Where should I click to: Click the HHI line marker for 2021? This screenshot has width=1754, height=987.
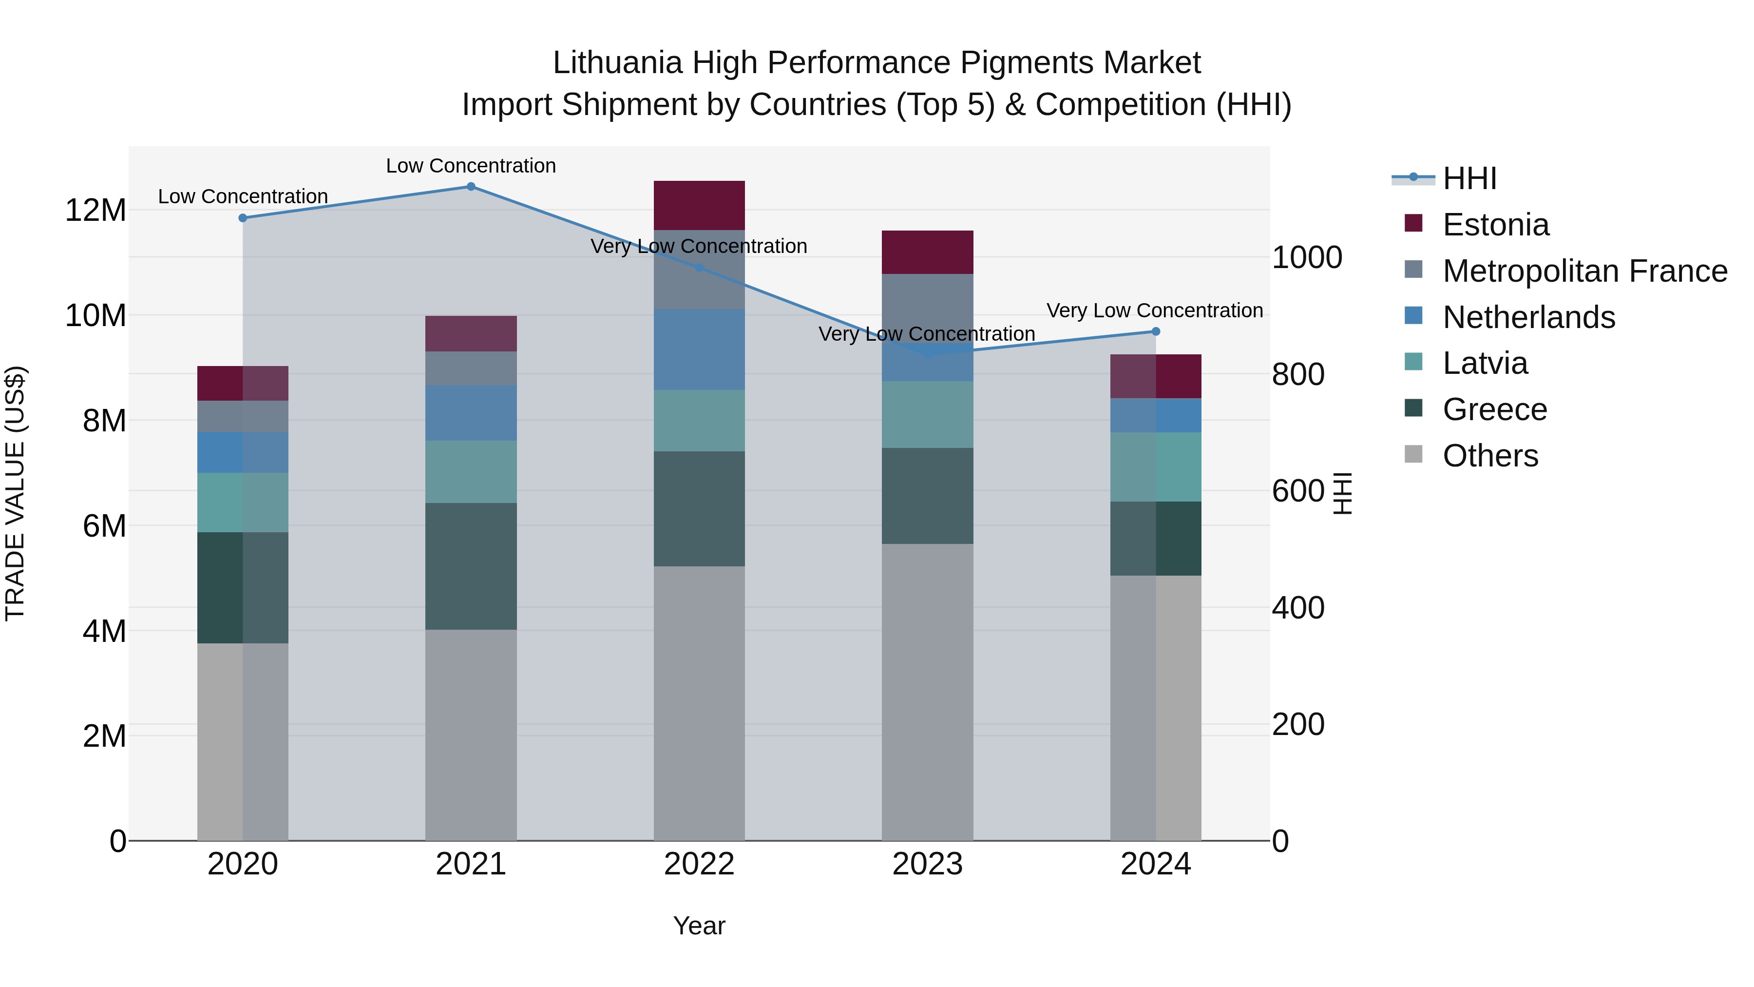click(x=471, y=187)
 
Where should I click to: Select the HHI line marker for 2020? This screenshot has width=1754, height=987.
click(x=243, y=218)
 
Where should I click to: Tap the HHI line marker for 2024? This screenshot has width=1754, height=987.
click(x=1156, y=332)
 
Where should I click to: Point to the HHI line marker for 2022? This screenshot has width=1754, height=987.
click(x=699, y=268)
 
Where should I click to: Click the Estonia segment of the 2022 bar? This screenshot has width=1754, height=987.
click(x=699, y=205)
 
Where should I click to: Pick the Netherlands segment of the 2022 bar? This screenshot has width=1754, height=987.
click(x=699, y=349)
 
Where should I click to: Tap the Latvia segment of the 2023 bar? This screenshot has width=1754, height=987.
click(x=927, y=414)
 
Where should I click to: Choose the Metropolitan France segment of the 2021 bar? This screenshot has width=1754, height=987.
click(x=471, y=368)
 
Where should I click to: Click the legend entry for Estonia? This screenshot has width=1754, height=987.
click(x=1495, y=225)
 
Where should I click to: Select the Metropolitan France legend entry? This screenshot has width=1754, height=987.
click(x=1584, y=271)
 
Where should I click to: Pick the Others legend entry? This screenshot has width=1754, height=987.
click(x=1490, y=456)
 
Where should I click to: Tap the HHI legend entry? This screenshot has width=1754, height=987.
click(x=1469, y=178)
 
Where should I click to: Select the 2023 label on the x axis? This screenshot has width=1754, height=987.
click(x=927, y=864)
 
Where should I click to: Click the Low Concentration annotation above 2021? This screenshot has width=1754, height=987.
click(x=471, y=166)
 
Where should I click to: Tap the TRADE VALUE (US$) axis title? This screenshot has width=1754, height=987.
click(x=15, y=493)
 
